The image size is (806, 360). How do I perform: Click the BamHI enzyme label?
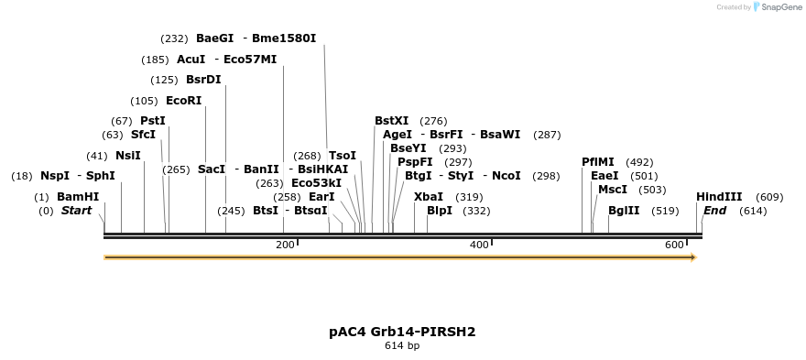coord(77,197)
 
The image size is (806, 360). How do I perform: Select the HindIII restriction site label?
coord(719,197)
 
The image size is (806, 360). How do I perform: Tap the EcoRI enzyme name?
coord(183,101)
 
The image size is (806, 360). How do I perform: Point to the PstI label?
coord(153,121)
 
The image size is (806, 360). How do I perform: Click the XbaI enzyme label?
coord(429,197)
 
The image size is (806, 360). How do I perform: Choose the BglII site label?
coord(625,211)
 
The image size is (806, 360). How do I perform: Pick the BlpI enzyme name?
coord(440,211)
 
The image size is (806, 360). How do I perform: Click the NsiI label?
coord(128,156)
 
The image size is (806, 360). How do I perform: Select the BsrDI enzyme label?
coord(203,80)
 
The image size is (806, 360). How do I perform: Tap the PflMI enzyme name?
coord(598,162)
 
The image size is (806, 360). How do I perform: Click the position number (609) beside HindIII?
coord(769,197)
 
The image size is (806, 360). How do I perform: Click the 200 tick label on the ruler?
coord(286,245)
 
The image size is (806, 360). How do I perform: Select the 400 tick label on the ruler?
coord(479,245)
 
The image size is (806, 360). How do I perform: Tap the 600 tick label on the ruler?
coord(674,245)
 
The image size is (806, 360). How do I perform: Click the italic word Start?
coord(77,211)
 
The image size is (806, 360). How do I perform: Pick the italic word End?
coord(714,211)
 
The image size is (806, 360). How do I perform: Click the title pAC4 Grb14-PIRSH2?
coord(402,332)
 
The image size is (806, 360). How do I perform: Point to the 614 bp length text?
coord(402,346)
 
